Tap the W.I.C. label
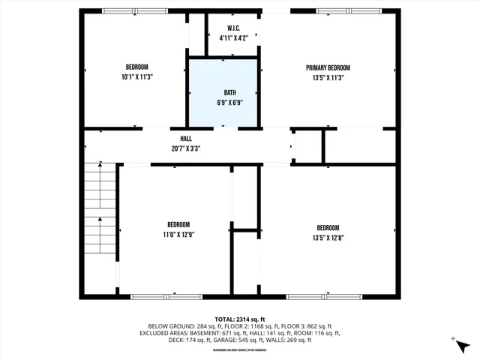click(232, 28)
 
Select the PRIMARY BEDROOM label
click(327, 67)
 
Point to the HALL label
click(185, 139)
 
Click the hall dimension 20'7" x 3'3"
click(185, 148)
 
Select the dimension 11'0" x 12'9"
click(178, 234)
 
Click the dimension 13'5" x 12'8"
click(328, 237)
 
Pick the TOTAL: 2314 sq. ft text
click(240, 319)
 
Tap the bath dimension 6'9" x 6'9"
click(223, 102)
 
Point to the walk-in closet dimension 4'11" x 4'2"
click(232, 37)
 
